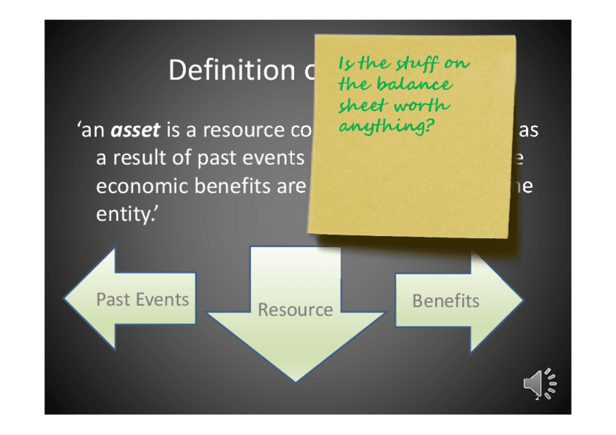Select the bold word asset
tap(135, 131)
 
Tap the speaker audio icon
tap(539, 383)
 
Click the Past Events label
tap(142, 299)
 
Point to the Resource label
tap(295, 310)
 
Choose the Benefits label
tap(445, 301)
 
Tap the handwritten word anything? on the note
tap(381, 126)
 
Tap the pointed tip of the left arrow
tap(65, 298)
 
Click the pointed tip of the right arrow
tap(522, 298)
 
